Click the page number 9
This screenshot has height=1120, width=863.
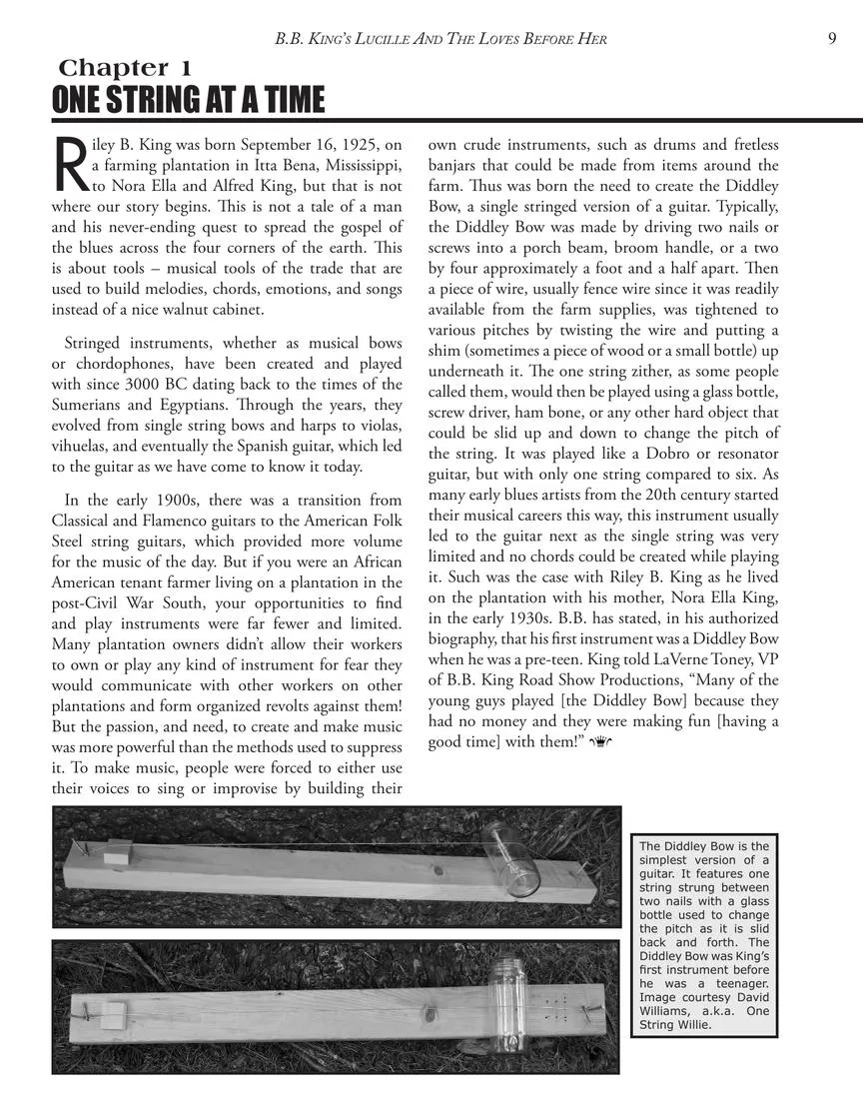click(x=832, y=39)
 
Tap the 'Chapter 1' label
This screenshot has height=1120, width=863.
click(x=125, y=68)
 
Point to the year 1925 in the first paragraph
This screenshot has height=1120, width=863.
click(x=342, y=145)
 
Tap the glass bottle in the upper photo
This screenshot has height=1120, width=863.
click(x=512, y=859)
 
